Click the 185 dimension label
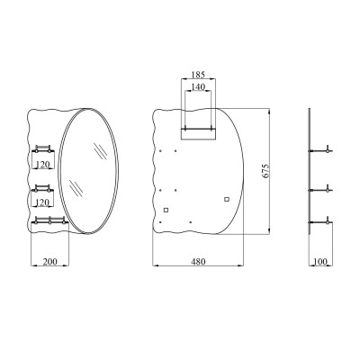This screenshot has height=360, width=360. (198, 74)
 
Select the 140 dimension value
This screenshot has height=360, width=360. (198, 87)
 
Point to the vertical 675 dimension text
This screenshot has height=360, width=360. (265, 171)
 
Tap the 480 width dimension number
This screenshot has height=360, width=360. (198, 262)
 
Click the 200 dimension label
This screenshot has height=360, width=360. (49, 262)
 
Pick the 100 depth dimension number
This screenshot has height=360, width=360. (320, 262)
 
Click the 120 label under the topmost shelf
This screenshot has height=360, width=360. (42, 165)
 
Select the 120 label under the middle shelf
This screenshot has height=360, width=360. (42, 202)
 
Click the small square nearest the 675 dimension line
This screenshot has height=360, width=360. (227, 199)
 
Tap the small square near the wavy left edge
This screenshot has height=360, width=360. (166, 210)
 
